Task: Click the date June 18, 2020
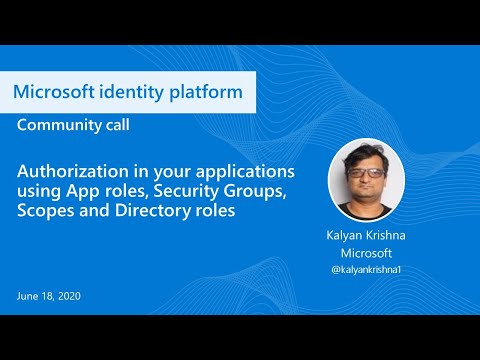click(x=49, y=296)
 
